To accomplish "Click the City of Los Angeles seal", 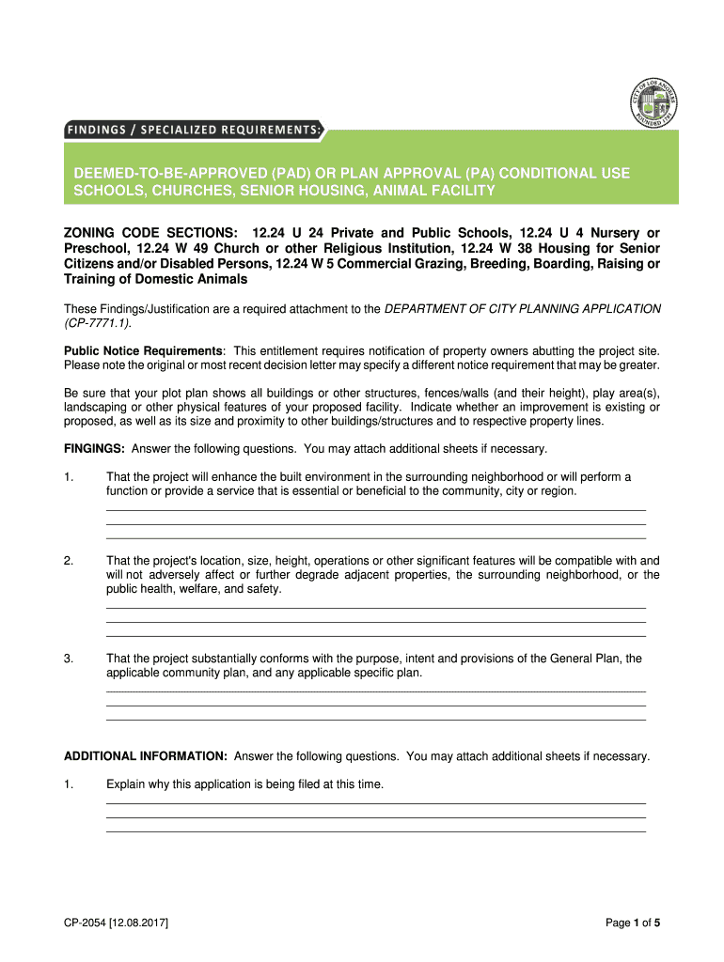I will (652, 102).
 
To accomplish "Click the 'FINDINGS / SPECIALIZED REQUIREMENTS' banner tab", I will (193, 130).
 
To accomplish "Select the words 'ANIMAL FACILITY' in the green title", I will (434, 192).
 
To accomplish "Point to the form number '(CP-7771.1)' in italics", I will (97, 323).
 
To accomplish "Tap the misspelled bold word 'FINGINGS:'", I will (94, 448).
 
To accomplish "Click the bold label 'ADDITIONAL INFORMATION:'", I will (145, 756).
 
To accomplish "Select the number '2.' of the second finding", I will (69, 561).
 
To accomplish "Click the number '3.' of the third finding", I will (69, 659).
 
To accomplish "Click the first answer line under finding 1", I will (376, 509).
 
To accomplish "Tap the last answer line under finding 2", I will (376, 635).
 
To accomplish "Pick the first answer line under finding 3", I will (376, 691).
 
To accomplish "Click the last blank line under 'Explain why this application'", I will (376, 831).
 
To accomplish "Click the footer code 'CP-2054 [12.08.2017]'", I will (116, 923).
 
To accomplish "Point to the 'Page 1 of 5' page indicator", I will (633, 923).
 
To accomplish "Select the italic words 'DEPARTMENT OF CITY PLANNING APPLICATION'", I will (523, 309).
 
